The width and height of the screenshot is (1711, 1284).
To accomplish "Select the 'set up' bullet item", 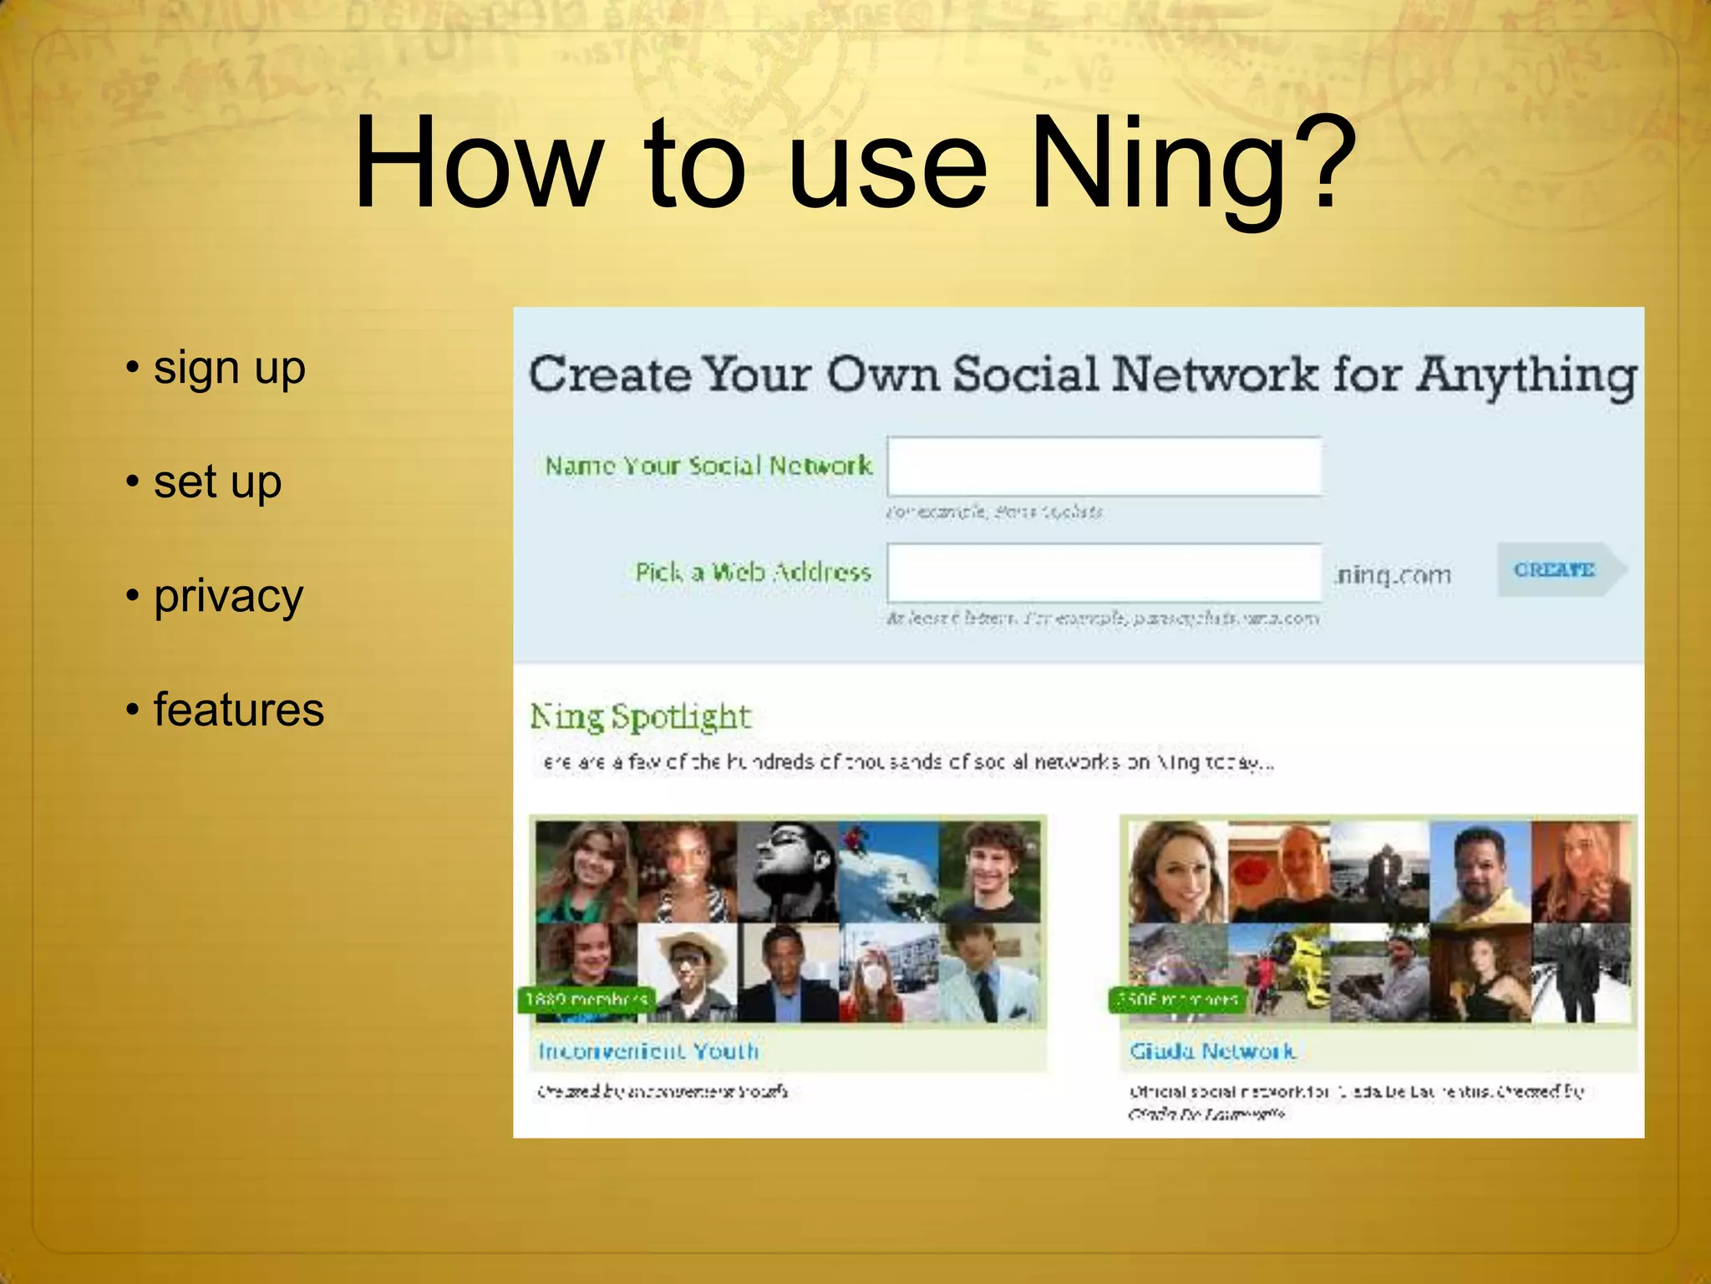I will (217, 482).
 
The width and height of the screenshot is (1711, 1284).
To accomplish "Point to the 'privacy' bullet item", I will (228, 597).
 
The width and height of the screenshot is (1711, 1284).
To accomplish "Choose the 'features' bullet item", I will (238, 711).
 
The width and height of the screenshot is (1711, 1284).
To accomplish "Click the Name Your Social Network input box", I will (1104, 466).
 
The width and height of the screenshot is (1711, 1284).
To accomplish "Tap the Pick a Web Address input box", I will (1104, 573).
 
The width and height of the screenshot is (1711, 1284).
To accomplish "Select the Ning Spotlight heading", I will (641, 717).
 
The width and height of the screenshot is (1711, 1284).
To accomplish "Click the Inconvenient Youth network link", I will (648, 1051).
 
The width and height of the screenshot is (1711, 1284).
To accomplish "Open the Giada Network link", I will (1212, 1051).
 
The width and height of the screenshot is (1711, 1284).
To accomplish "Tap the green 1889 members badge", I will (586, 1000).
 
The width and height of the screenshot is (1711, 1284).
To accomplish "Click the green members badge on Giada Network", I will (1177, 1000).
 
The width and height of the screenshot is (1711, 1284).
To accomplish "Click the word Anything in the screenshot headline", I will (1526, 375).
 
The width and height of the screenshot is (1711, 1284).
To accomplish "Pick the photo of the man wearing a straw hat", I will (688, 972).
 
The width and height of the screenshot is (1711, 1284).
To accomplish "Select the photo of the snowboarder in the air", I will (887, 871).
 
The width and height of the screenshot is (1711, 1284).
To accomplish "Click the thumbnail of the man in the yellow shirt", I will (1480, 871).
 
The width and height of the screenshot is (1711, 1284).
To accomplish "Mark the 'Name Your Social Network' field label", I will (708, 466).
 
